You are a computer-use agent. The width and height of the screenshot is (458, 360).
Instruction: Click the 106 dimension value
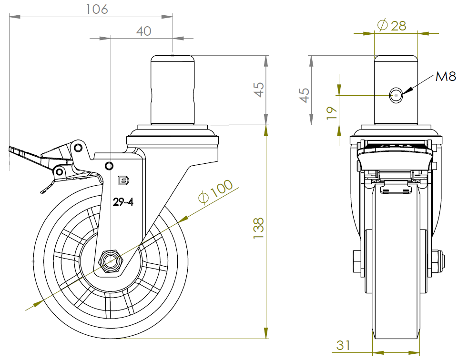click(97, 10)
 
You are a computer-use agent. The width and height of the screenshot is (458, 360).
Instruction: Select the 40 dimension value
click(144, 31)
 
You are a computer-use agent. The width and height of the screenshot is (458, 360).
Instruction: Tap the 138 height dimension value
click(259, 228)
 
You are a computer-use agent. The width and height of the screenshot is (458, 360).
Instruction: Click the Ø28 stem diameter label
click(392, 25)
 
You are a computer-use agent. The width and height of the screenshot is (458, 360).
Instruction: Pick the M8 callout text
click(446, 77)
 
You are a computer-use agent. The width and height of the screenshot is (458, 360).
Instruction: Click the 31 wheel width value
click(343, 345)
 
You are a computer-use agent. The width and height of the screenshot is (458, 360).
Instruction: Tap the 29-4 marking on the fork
click(123, 202)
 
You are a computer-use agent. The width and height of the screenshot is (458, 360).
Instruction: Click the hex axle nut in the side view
click(111, 260)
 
